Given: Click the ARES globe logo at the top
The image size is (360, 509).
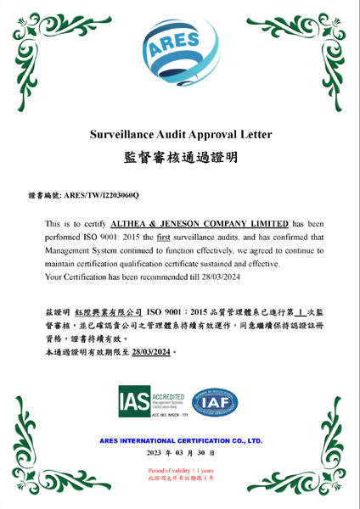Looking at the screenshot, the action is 180,51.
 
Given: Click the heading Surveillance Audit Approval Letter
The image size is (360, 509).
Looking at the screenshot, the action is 180,134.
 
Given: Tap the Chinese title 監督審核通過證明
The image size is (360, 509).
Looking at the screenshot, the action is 180,158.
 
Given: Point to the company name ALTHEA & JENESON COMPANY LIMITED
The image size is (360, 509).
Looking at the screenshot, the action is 202,223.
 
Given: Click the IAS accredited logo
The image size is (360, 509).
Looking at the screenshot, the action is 145,401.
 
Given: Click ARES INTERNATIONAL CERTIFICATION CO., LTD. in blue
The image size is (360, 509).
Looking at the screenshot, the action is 180,441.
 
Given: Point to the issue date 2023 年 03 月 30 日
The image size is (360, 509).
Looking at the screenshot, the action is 180,456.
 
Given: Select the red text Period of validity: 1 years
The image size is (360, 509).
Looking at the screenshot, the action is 180,470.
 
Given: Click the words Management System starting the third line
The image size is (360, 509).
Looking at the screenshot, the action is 76,250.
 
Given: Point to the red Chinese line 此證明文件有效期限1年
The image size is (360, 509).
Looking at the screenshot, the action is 180,478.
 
